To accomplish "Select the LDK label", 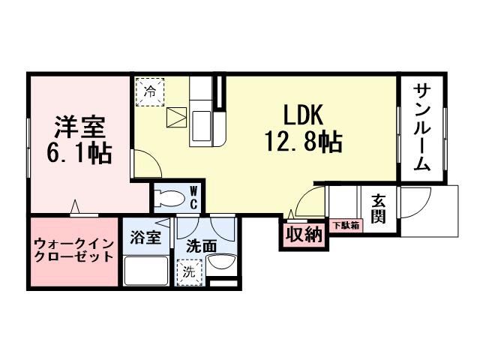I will pyautogui.click(x=302, y=115).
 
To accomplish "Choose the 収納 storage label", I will pyautogui.click(x=304, y=235).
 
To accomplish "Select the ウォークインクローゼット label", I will pyautogui.click(x=73, y=250).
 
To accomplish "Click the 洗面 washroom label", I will pyautogui.click(x=202, y=244).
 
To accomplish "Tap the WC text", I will pyautogui.click(x=193, y=197).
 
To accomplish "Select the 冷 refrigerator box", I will pyautogui.click(x=150, y=93).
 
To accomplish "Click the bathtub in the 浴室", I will pyautogui.click(x=145, y=269).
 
